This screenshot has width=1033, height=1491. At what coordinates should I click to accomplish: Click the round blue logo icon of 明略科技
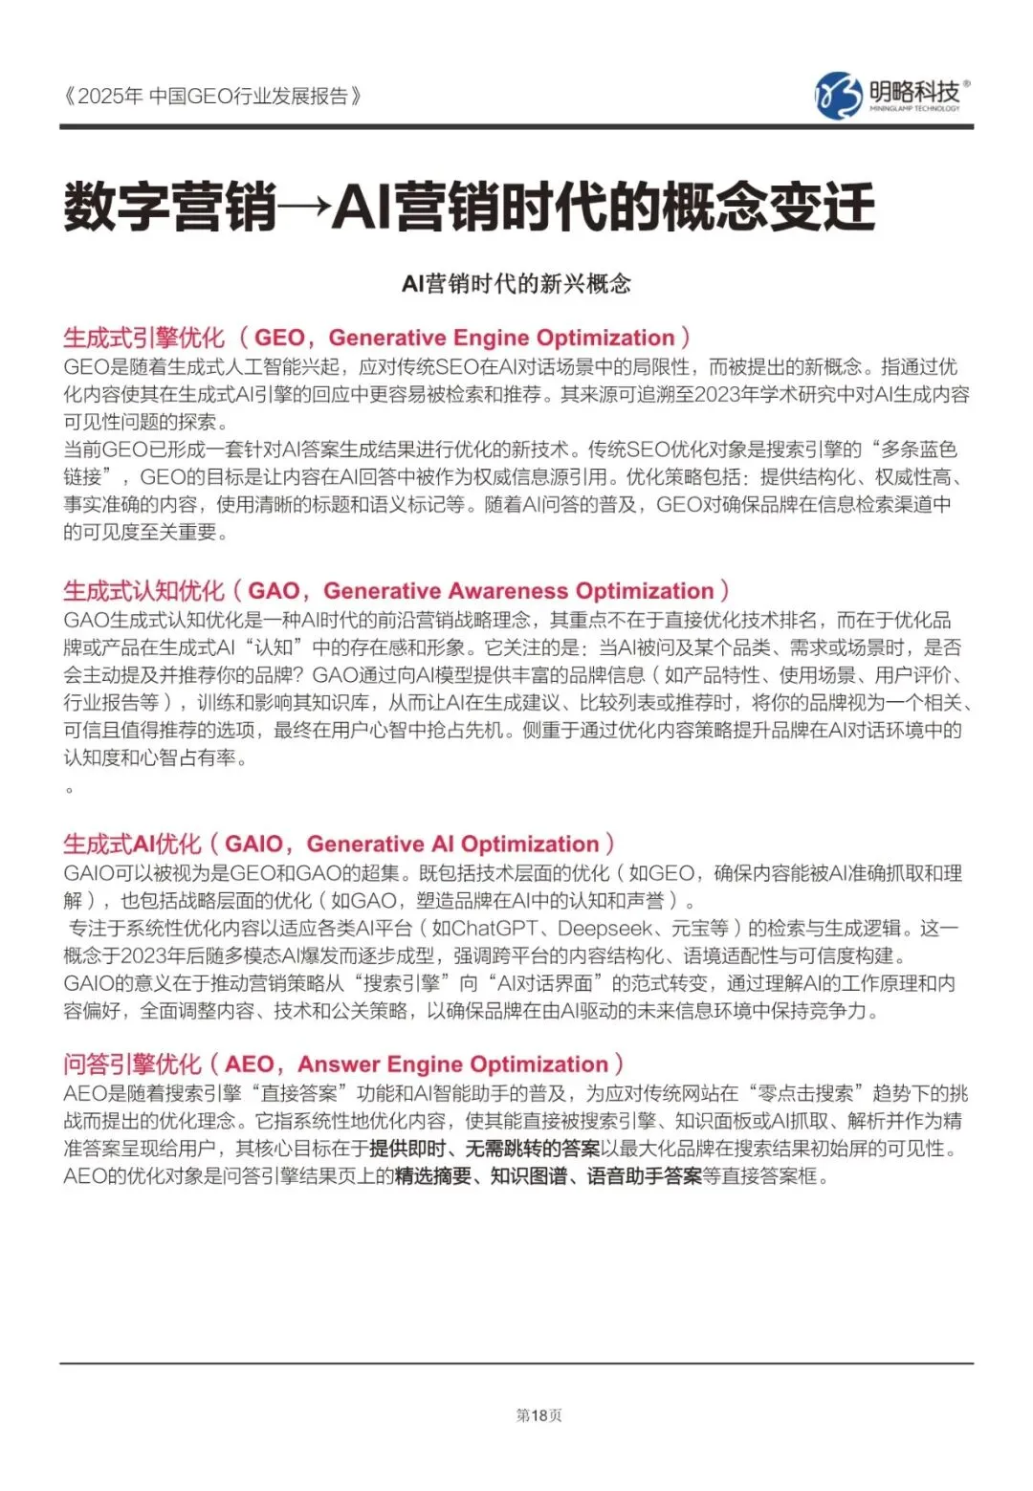pos(838,96)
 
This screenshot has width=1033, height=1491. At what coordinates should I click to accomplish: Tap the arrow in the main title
pos(304,207)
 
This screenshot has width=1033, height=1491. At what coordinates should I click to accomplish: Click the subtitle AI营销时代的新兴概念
pos(516,284)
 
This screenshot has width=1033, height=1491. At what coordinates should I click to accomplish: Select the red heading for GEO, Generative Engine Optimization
pos(377,338)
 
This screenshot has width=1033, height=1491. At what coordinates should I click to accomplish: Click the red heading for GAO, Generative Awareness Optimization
pos(396,591)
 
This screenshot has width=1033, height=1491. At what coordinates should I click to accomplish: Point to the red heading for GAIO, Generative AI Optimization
pos(339,844)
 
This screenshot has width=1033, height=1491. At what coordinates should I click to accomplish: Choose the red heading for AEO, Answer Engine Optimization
pos(343,1064)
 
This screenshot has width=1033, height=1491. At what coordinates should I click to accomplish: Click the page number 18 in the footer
pos(538,1415)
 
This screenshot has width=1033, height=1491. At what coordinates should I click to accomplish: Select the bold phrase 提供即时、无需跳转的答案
pos(485,1149)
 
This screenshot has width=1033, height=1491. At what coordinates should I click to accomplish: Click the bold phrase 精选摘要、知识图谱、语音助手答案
pos(548,1176)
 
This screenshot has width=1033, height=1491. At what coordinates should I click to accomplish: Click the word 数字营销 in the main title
pos(170,207)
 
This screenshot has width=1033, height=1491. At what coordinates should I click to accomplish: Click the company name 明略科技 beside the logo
pos(913,92)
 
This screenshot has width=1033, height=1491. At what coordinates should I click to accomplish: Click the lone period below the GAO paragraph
pos(69,789)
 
